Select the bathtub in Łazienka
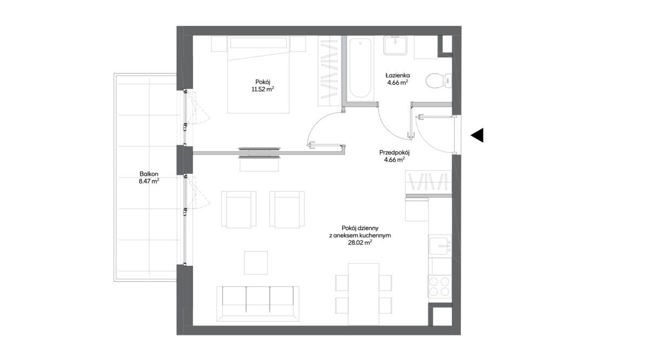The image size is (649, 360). tap(360, 68)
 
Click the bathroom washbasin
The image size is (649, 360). tap(395, 45)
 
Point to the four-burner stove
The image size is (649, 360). tap(440, 286)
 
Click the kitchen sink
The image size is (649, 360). tap(440, 246)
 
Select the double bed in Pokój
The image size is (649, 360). tap(258, 75)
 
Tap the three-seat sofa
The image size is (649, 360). tap(258, 304)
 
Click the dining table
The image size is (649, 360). tap(363, 294)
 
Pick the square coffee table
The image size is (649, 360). tap(256, 263)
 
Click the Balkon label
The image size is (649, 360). tap(149, 174)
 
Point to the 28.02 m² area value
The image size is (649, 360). tap(360, 243)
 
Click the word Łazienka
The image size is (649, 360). tap(398, 75)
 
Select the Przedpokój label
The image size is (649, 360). tap(394, 152)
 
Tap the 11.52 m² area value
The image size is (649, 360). tap(263, 89)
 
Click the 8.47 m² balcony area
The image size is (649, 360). tap(149, 181)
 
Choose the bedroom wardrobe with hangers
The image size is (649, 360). tap(329, 71)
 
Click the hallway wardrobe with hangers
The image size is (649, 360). tap(428, 182)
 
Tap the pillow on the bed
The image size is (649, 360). tap(259, 43)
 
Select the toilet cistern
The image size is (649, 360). tap(448, 81)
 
